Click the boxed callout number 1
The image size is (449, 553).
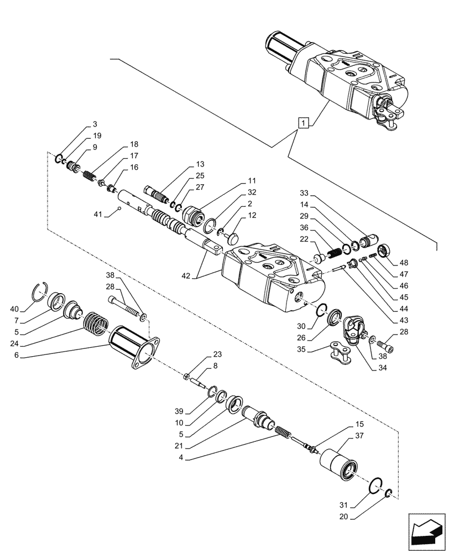click(302, 123)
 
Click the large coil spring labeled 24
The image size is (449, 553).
click(96, 324)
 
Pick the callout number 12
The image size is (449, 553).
click(252, 215)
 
